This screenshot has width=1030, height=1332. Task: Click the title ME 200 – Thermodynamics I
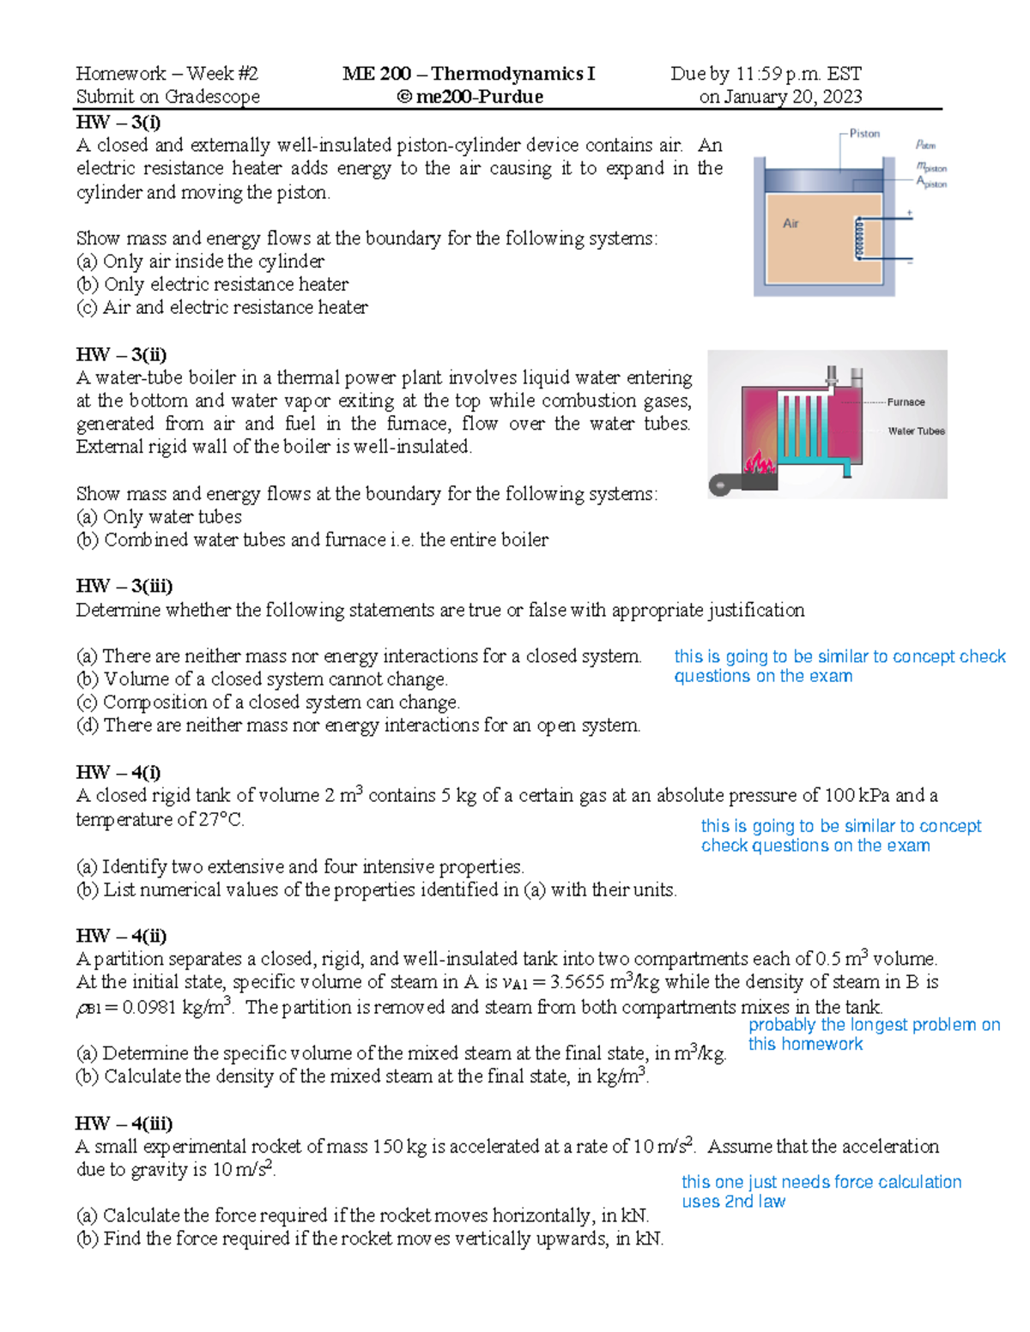(469, 74)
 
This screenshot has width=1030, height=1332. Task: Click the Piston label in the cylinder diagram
(864, 134)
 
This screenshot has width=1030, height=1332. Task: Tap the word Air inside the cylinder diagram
(791, 224)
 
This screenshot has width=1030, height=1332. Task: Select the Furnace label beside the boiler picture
(906, 402)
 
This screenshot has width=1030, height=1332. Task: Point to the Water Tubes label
(916, 431)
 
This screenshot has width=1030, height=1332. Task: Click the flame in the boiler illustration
(760, 464)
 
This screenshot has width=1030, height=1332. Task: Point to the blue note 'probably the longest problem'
(873, 1025)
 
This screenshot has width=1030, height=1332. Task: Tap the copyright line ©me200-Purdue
(470, 97)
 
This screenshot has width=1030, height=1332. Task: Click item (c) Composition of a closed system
(268, 702)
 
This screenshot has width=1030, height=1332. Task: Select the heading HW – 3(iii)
(124, 586)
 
